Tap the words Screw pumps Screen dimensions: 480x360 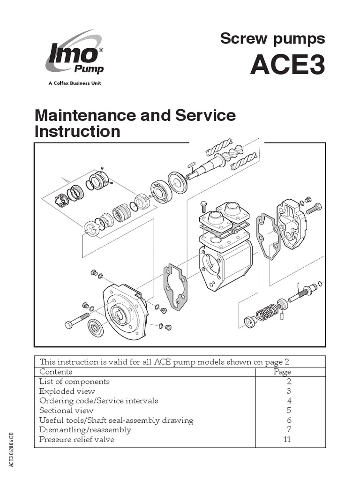(272, 38)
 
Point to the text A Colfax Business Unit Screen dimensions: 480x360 (75, 83)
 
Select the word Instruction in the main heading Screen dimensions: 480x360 (77, 132)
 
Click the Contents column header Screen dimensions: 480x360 (56, 372)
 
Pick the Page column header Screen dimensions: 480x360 (282, 372)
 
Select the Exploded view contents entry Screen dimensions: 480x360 (67, 391)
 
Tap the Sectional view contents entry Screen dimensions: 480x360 (66, 411)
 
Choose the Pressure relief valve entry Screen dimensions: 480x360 (76, 440)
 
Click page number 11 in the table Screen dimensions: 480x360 (286, 440)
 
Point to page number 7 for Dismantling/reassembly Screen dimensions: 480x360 (289, 430)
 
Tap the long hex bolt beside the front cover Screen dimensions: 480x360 (77, 321)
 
